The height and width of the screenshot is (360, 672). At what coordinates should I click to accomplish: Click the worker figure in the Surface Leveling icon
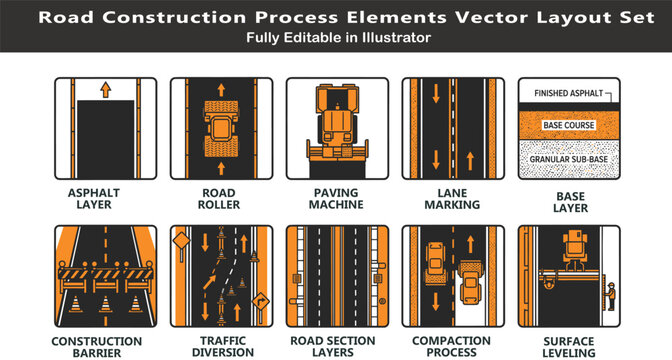click(x=611, y=297)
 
